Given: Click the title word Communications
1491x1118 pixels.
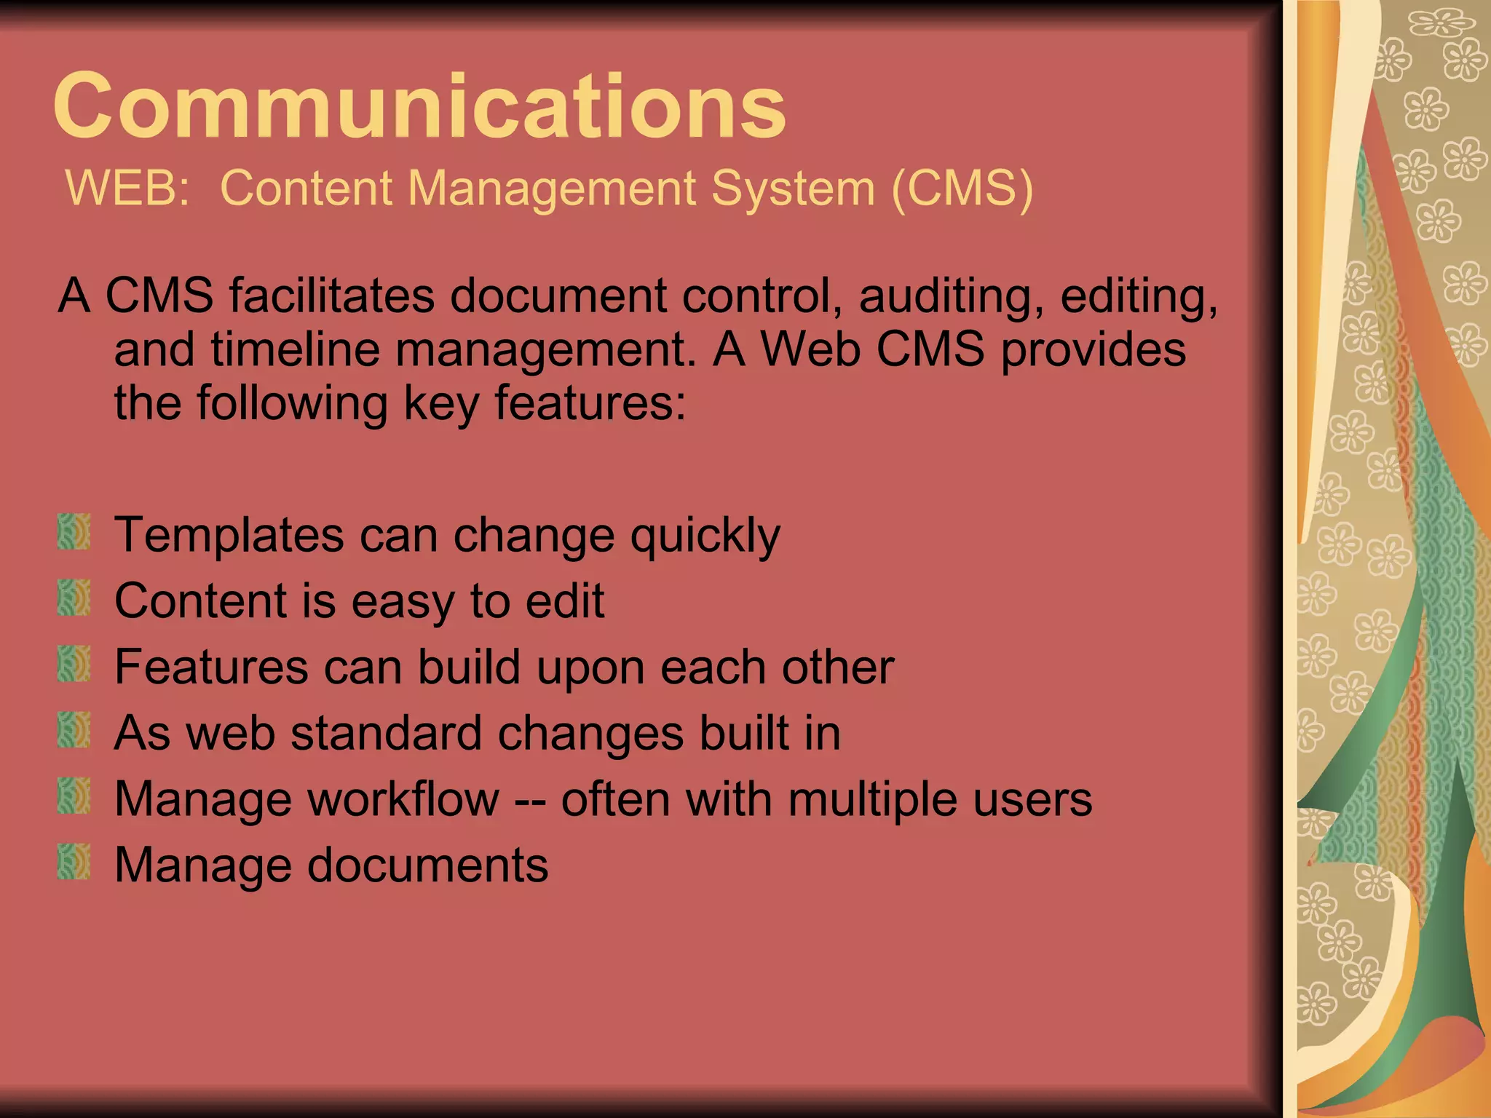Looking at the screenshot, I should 419,106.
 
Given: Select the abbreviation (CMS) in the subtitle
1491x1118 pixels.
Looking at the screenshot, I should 962,188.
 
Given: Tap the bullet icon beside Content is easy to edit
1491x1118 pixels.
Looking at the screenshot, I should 74,598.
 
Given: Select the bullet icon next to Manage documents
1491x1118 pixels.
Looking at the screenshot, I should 74,862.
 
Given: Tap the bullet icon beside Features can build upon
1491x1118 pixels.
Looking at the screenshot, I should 74,664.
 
